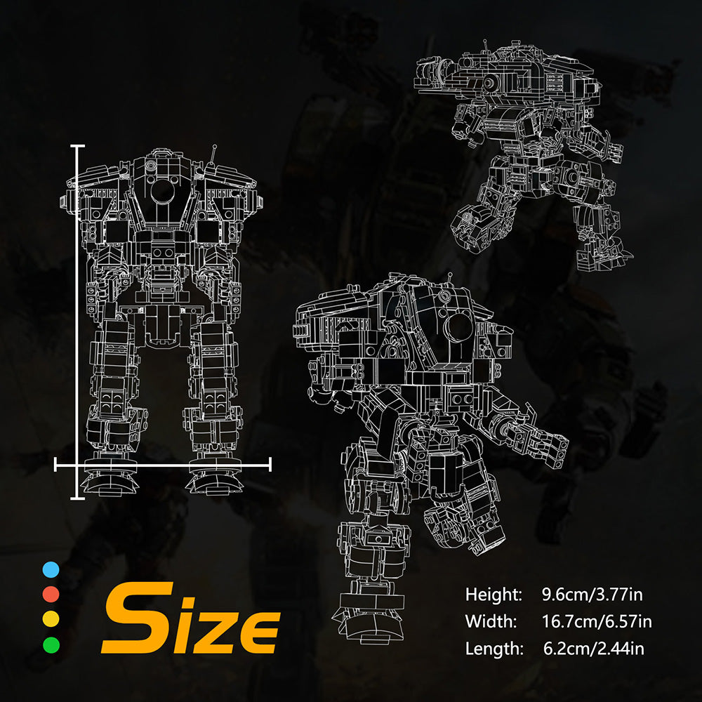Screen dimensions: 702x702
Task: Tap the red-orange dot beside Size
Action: [x=51, y=595]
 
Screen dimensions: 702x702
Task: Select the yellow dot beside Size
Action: [x=51, y=618]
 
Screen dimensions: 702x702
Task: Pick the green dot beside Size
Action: [x=51, y=643]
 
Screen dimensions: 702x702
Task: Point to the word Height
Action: [x=494, y=595]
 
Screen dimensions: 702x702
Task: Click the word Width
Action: [x=491, y=621]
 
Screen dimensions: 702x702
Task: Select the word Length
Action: [x=494, y=648]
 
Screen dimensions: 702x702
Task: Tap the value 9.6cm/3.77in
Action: [x=592, y=595]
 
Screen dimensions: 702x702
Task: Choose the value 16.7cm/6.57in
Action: [x=596, y=621]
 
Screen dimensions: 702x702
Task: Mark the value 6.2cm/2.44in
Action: [x=593, y=648]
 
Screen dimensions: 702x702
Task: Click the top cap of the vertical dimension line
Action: [x=77, y=146]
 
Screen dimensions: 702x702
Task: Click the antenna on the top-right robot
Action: [x=485, y=46]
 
